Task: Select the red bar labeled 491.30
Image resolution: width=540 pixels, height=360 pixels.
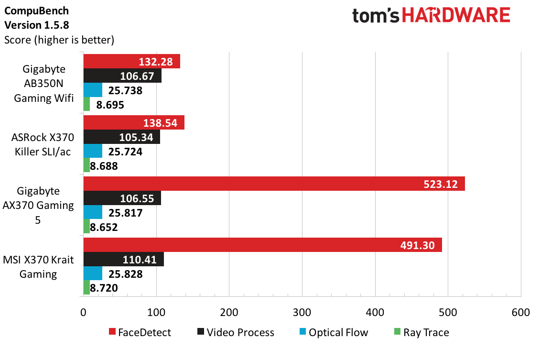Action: coord(262,245)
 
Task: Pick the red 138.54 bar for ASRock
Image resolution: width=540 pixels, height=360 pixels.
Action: coord(134,123)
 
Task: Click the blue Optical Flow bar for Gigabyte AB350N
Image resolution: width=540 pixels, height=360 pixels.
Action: coord(93,90)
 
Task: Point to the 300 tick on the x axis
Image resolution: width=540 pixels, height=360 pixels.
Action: coord(302,313)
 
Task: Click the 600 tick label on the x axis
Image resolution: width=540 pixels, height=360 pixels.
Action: coord(520,313)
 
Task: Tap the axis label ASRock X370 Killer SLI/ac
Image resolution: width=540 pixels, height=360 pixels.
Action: coord(43,145)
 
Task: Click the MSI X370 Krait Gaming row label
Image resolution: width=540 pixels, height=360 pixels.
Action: coord(43,267)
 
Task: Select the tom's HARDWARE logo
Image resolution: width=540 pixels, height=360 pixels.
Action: coord(431,16)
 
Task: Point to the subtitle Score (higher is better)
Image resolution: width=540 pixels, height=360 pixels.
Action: coord(59,40)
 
